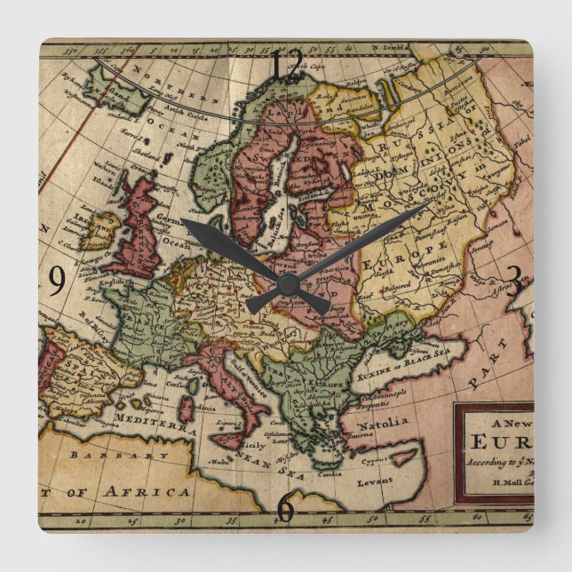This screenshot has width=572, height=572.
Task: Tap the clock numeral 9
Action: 56,282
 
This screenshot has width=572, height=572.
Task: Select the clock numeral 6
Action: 285,507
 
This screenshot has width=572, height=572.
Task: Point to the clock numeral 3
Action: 513,282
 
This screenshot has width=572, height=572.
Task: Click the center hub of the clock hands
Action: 286,284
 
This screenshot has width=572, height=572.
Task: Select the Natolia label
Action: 383,422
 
